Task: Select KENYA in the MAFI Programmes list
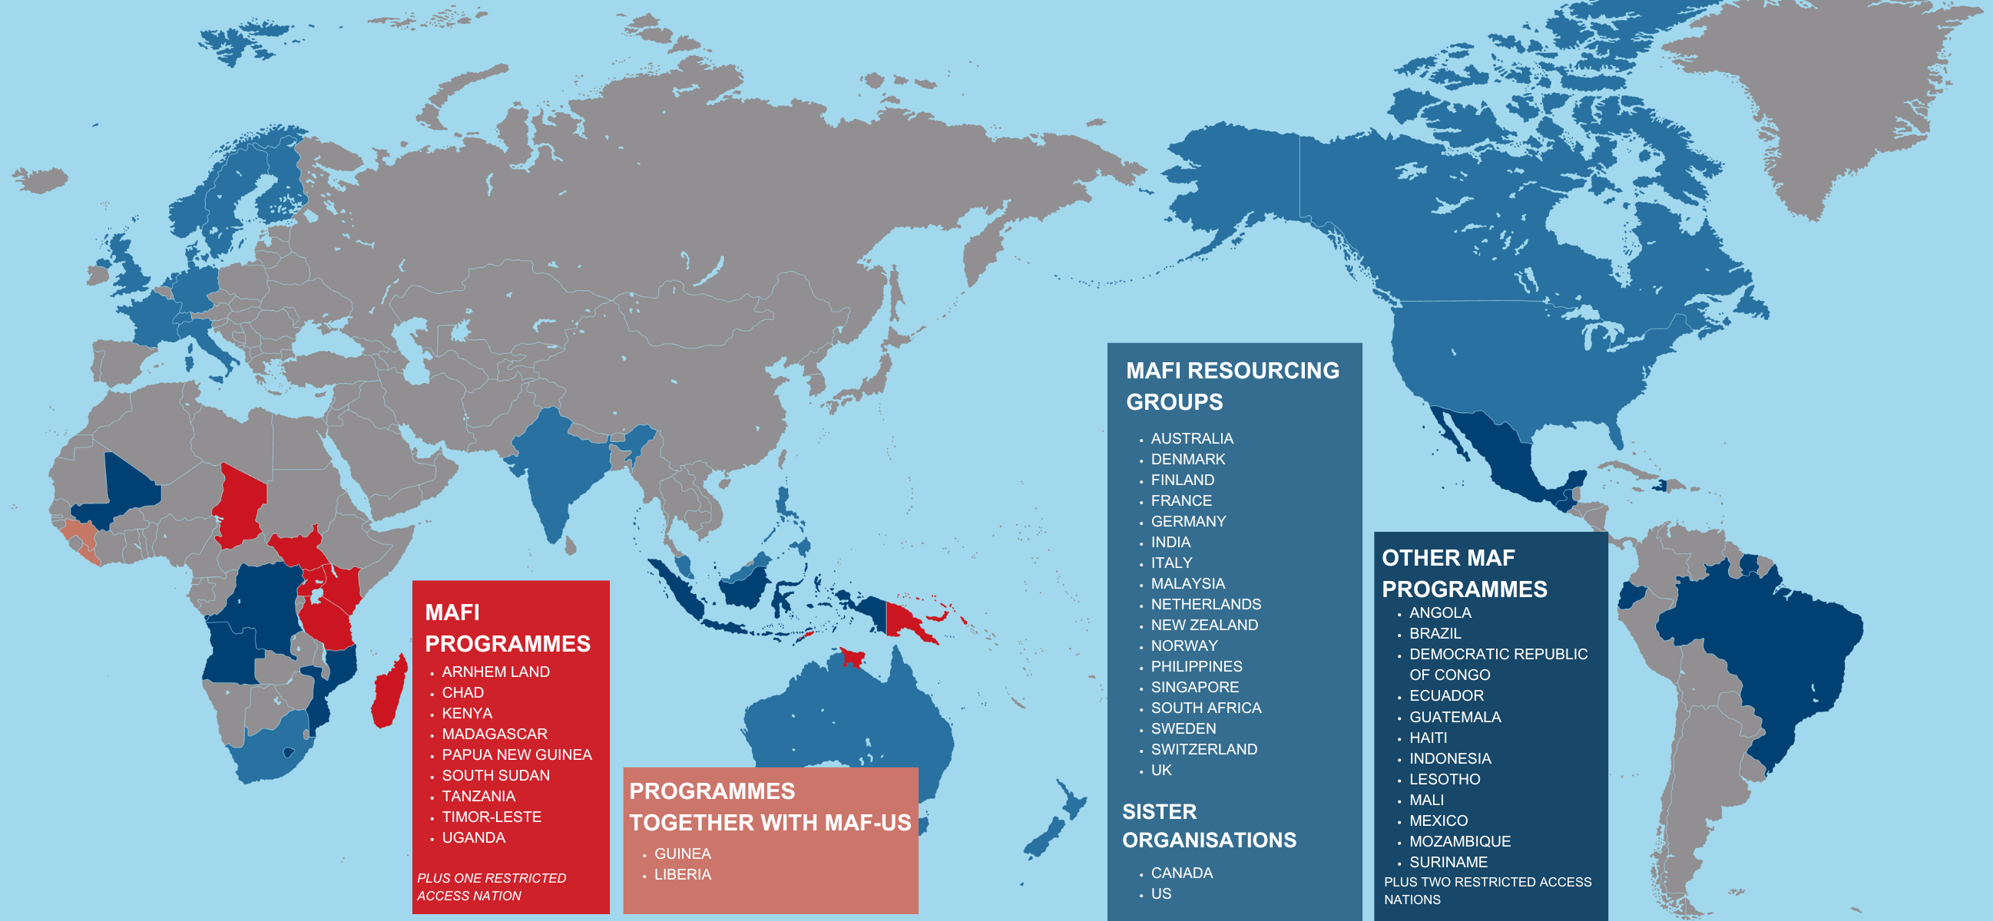466,713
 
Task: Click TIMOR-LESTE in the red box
492,817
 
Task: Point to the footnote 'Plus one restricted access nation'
492,887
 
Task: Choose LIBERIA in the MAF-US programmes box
683,875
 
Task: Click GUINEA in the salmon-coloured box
683,853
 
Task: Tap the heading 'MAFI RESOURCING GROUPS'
1232,386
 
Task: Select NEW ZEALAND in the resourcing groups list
1203,625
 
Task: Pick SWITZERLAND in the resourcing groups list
1203,749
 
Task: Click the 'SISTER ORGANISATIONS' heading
1209,826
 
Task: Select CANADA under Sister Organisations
1181,873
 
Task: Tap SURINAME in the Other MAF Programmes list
1448,862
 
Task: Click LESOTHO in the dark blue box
1445,780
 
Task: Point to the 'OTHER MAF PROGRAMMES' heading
1464,573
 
